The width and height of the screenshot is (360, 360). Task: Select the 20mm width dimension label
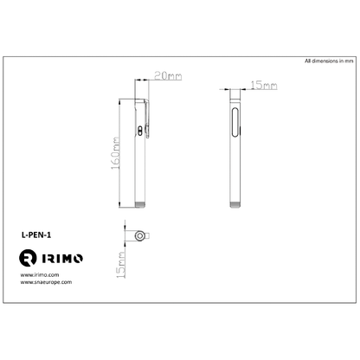(166, 77)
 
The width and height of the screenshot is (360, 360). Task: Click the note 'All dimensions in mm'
(328, 62)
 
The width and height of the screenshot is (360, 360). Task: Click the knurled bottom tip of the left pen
(141, 203)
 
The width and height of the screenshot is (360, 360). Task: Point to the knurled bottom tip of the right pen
(237, 203)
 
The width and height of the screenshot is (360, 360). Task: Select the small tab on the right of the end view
(148, 235)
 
